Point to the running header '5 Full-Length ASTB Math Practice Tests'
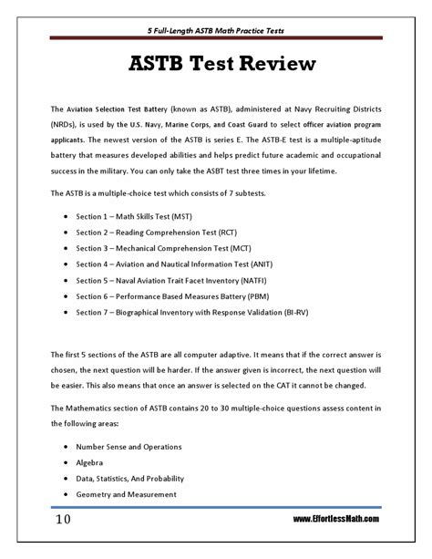(215, 30)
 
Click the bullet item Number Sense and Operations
(129, 447)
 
